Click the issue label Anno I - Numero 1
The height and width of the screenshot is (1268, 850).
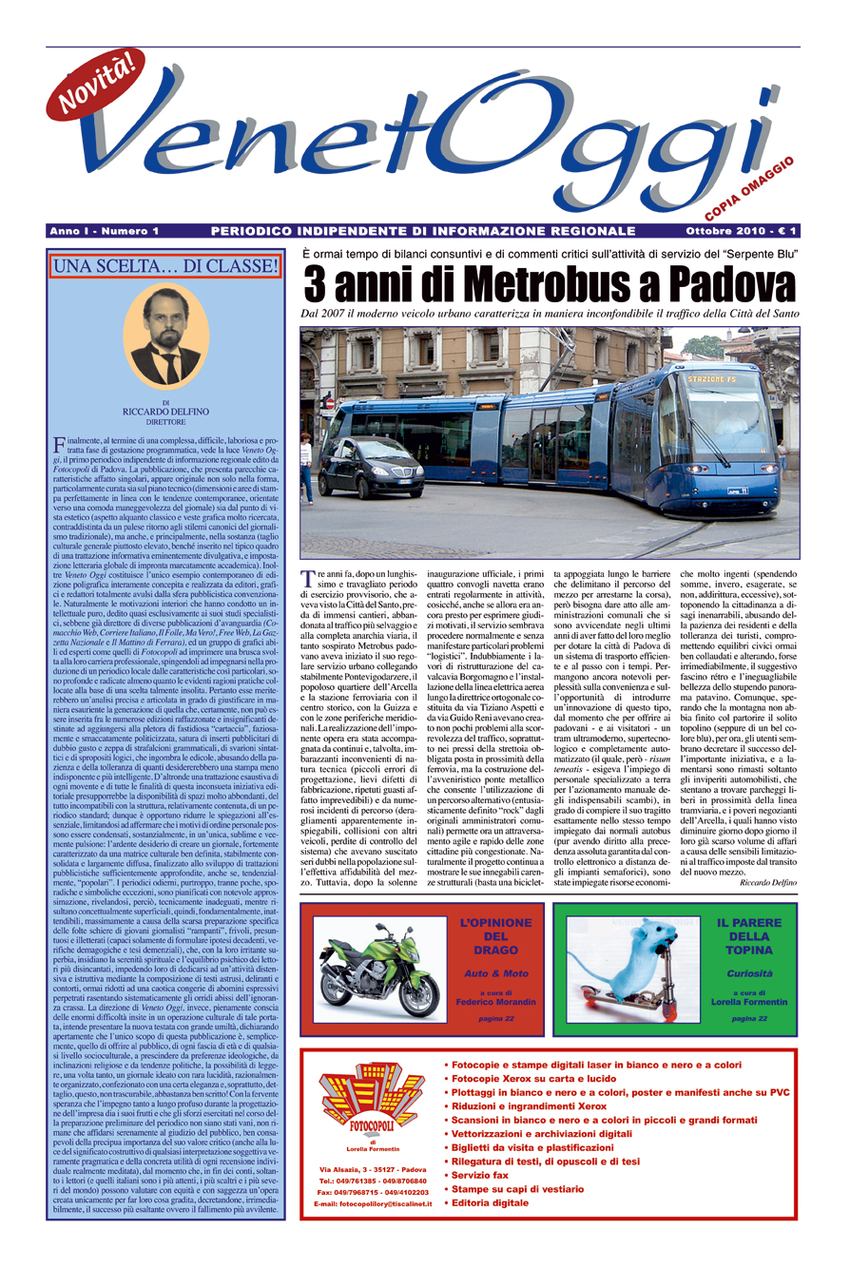(x=105, y=231)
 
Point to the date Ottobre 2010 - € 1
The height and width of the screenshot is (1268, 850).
(x=744, y=231)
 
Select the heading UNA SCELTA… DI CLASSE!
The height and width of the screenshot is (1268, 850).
(x=165, y=267)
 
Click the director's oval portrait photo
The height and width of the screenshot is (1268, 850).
(x=165, y=336)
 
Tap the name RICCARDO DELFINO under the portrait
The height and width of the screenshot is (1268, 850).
(x=165, y=412)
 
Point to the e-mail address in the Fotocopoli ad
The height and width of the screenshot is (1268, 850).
(x=373, y=1205)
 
